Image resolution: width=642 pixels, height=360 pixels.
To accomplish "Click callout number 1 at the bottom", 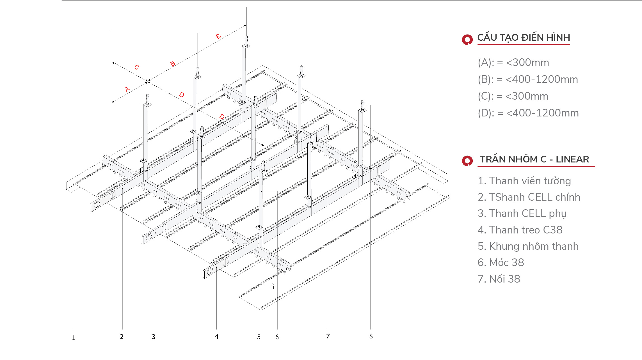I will click(x=74, y=338).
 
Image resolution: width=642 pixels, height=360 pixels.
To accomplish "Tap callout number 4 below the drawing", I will click(x=217, y=336).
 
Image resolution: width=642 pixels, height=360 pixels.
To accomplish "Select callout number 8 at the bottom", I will click(x=371, y=336).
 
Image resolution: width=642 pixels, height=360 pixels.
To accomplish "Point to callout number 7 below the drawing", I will click(x=328, y=336).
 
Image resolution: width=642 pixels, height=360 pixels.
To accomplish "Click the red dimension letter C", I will click(x=137, y=67).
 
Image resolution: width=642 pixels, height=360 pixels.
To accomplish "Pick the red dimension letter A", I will click(x=127, y=89).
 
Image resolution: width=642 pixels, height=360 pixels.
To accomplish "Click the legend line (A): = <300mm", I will click(x=513, y=63).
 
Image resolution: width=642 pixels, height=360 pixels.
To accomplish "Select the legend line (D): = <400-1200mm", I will click(x=528, y=113).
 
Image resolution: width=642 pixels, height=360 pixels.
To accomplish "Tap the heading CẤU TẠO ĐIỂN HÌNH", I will click(x=524, y=38).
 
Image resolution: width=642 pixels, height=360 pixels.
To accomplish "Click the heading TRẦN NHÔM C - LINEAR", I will click(x=534, y=159).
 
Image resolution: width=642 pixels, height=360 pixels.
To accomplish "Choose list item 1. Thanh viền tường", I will click(x=524, y=181).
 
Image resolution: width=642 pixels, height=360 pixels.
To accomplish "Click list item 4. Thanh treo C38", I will click(x=520, y=230).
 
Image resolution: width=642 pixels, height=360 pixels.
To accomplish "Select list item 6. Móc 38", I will click(x=501, y=263).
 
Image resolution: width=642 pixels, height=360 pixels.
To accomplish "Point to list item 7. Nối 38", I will click(x=499, y=279).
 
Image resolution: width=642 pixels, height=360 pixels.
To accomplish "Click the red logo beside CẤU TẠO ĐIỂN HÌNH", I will click(x=467, y=40).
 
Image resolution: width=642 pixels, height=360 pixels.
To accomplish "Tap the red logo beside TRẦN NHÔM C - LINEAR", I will click(x=467, y=161).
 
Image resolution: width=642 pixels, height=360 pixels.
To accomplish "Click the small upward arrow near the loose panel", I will click(x=273, y=286).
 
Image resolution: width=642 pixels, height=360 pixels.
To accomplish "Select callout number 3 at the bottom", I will click(x=154, y=337).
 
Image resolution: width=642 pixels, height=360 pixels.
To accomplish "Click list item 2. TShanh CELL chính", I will click(x=529, y=197).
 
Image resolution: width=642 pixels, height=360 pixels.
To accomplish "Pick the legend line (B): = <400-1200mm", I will click(x=528, y=79).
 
